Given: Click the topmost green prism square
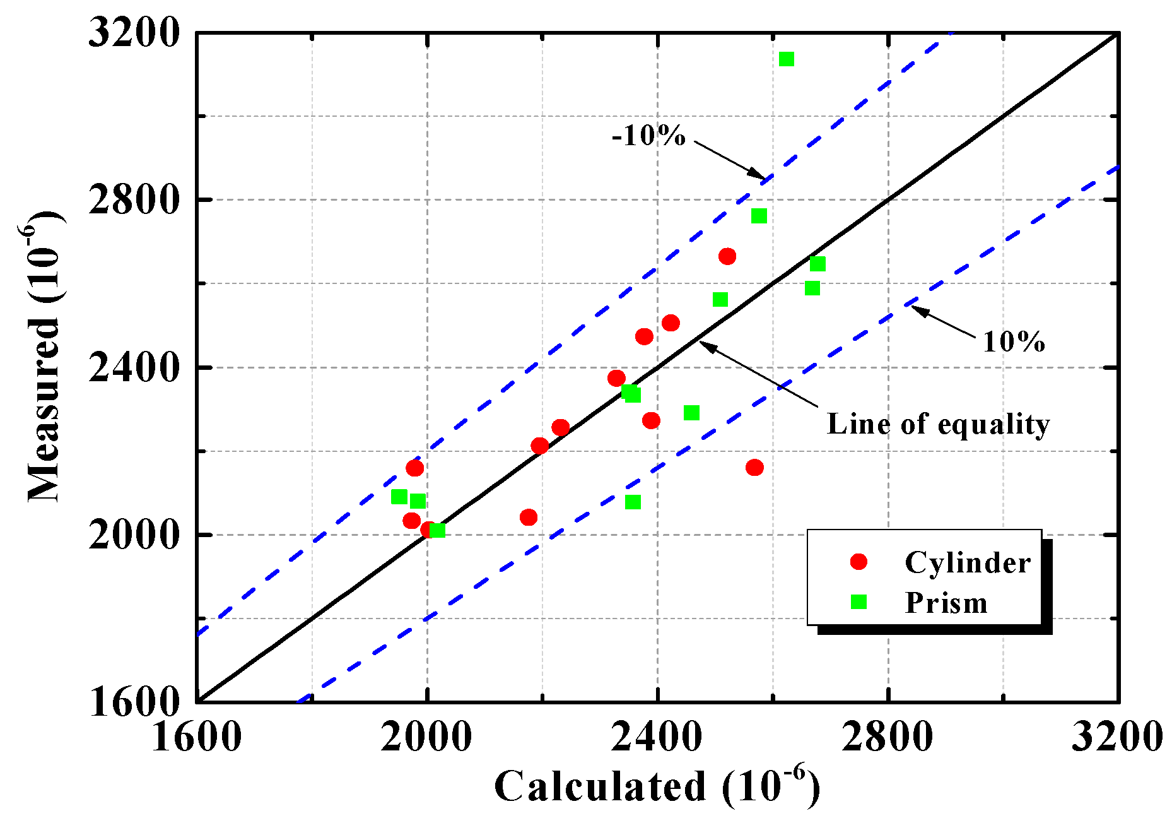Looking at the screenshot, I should (786, 59).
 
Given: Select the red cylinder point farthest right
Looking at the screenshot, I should (754, 468).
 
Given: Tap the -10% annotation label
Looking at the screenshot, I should (648, 136).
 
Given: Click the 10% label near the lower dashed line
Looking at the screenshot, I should (1014, 342).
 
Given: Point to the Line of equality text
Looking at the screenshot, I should (938, 424).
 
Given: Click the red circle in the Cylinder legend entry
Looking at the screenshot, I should (858, 562).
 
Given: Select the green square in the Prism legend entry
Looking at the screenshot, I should (858, 602).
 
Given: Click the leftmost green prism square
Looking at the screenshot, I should (399, 497).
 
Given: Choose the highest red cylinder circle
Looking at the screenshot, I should (727, 256).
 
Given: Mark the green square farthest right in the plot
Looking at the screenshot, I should (817, 264).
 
